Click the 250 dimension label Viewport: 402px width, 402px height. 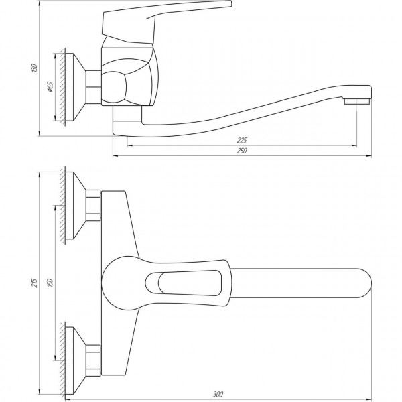pos(242,151)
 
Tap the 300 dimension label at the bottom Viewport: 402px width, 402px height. pos(220,393)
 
